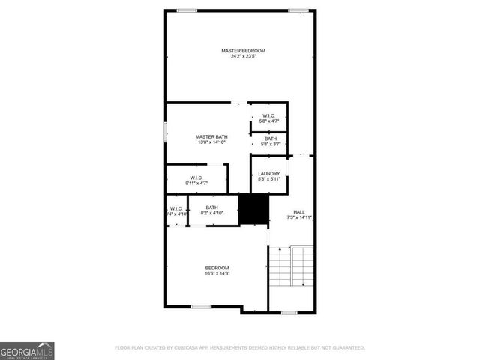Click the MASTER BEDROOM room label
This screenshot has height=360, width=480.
click(x=243, y=51)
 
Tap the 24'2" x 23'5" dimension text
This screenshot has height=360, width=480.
click(x=243, y=56)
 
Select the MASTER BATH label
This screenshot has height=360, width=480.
click(x=211, y=136)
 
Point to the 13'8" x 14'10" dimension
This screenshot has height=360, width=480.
click(x=211, y=142)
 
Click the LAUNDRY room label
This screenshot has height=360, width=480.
click(x=268, y=173)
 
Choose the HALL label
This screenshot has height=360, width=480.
click(x=299, y=212)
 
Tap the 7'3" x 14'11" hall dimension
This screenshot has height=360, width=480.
click(x=299, y=217)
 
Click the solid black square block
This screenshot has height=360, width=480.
click(x=253, y=209)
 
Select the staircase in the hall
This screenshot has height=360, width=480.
click(x=292, y=266)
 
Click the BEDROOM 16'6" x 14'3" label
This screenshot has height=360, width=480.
click(x=217, y=271)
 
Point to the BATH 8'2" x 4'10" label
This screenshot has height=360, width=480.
click(x=212, y=211)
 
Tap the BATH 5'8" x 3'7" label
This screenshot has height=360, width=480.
click(x=270, y=141)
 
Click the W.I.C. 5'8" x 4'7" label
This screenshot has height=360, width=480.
click(x=268, y=118)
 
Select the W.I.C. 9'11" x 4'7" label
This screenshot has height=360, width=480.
click(x=196, y=180)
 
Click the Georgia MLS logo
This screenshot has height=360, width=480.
click(x=27, y=350)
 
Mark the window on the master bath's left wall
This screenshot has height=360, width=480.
click(x=165, y=131)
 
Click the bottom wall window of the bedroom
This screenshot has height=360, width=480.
click(x=200, y=306)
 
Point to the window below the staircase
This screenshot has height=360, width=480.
click(x=289, y=312)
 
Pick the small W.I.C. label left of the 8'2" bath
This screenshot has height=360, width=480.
click(x=177, y=211)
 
